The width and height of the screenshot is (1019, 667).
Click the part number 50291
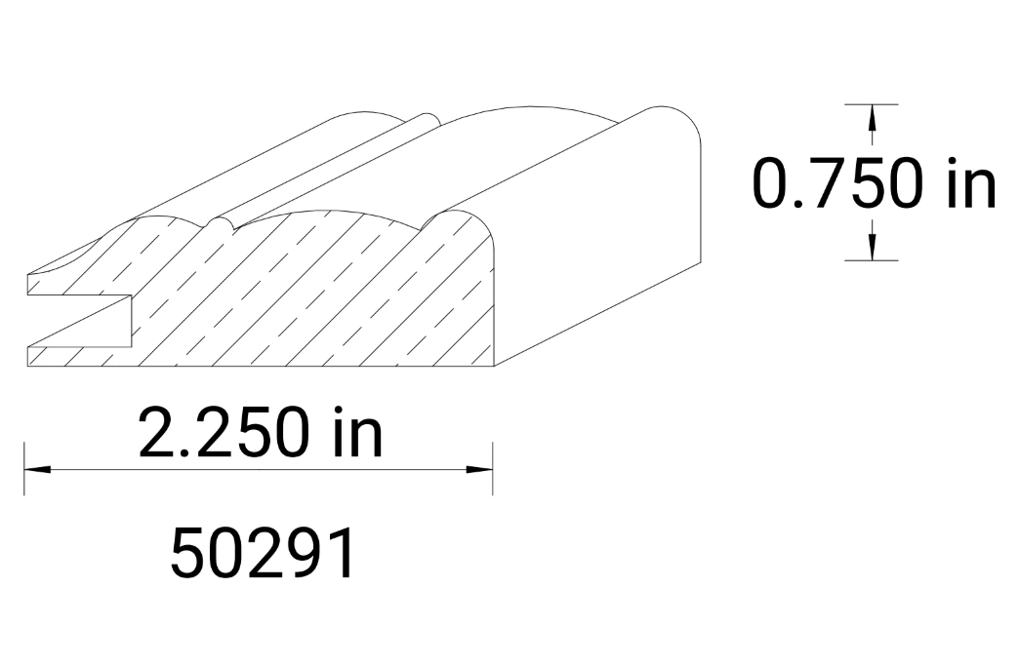(262, 556)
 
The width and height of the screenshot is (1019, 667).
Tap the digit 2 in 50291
(262, 556)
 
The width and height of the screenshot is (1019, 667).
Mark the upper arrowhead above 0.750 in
(872, 117)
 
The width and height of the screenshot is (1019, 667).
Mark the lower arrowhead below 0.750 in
(872, 248)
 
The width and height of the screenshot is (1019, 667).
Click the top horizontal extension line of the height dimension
(872, 103)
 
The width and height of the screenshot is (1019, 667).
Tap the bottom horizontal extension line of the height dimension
(872, 260)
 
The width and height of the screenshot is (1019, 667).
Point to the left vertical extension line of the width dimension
(25, 468)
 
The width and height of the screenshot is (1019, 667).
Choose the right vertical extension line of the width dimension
(493, 468)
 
